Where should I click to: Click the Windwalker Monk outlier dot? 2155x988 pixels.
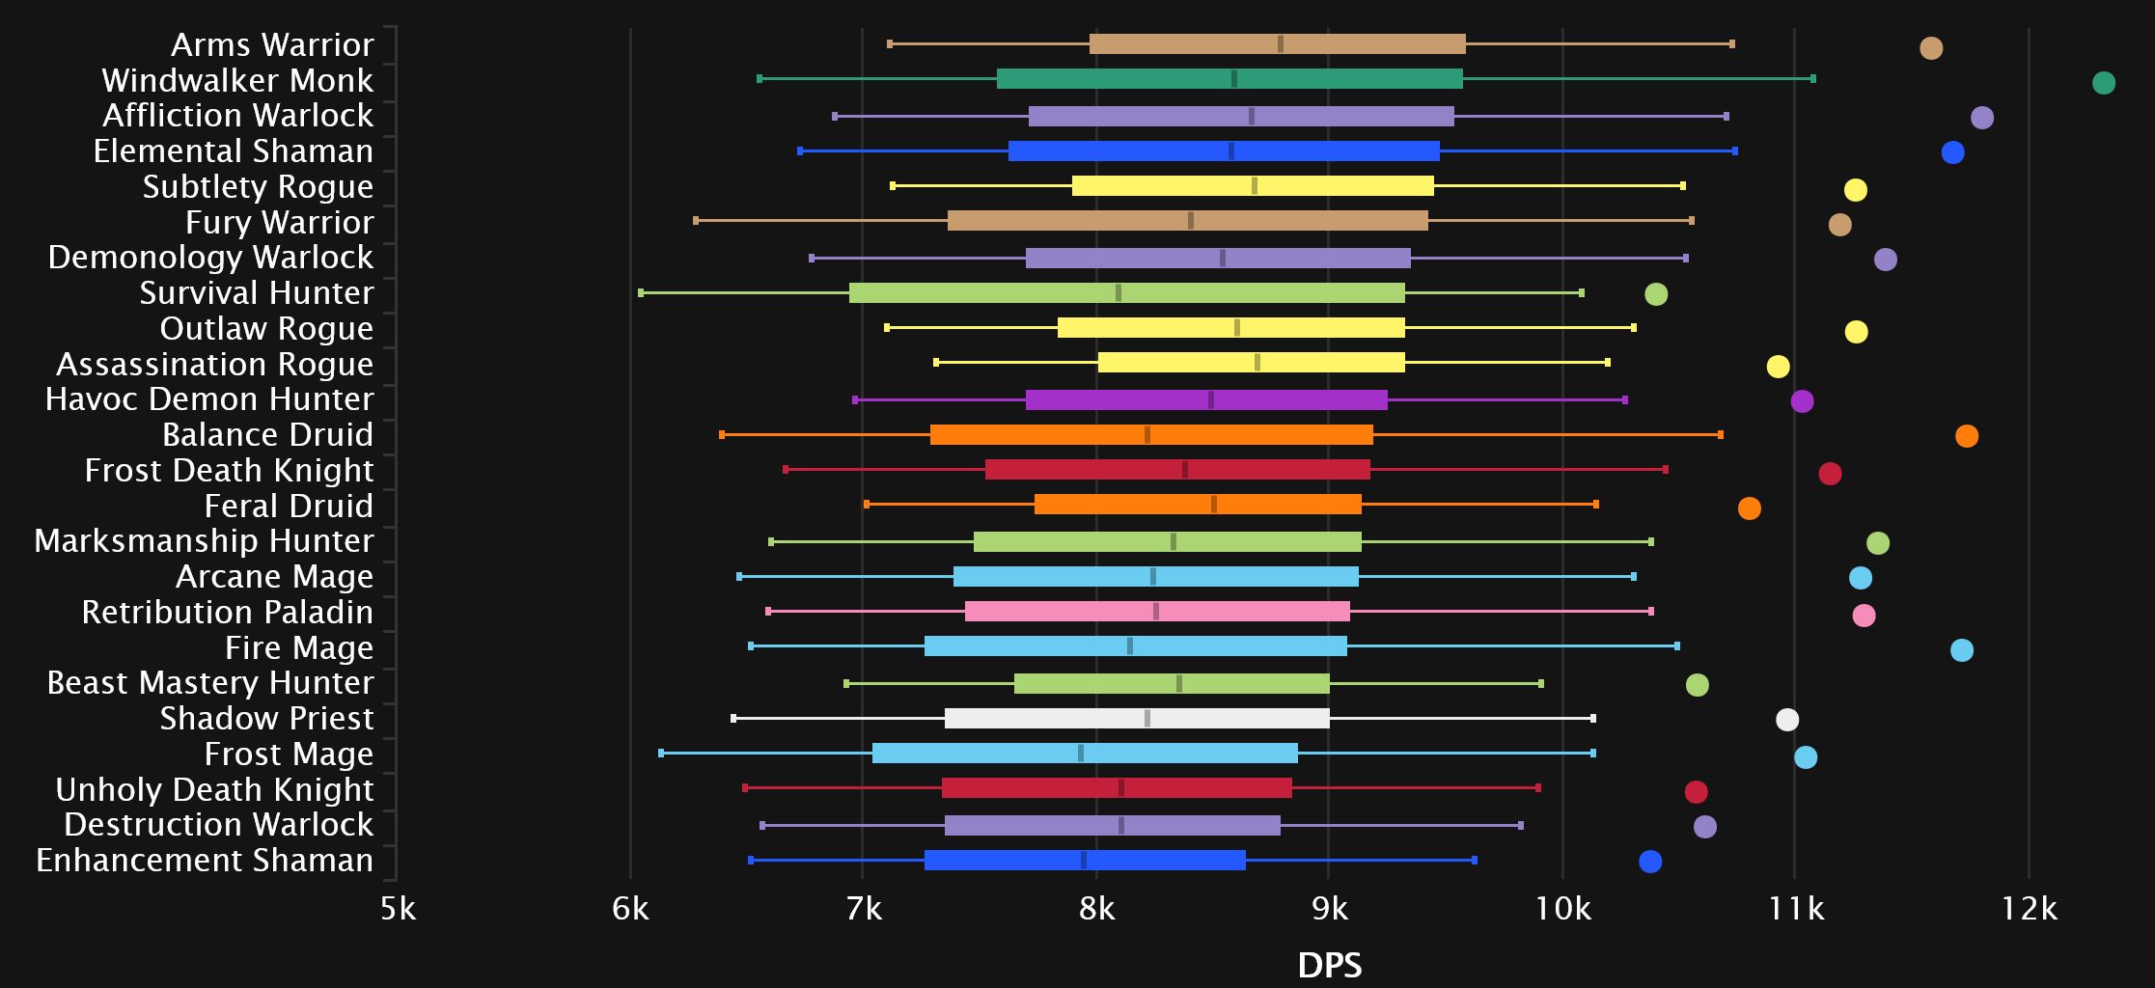(x=2104, y=83)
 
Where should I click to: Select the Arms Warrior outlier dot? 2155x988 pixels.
(x=1931, y=48)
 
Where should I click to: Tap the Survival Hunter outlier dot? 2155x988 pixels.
(x=1656, y=294)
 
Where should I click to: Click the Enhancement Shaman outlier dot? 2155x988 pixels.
(x=1650, y=862)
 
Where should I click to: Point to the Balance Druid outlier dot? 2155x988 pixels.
(x=1967, y=436)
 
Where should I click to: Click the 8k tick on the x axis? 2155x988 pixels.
(x=1096, y=908)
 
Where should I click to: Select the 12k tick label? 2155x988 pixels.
(x=2029, y=908)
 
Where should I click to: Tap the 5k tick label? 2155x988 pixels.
(x=398, y=908)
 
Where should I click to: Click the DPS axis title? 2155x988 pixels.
(x=1330, y=965)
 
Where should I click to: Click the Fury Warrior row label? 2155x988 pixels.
(x=279, y=222)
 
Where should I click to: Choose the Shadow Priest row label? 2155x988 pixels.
(x=266, y=718)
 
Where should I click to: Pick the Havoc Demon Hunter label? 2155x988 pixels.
(x=209, y=398)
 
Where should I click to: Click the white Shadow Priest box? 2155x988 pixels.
(x=1137, y=718)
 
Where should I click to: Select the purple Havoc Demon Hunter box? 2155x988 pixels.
(x=1206, y=399)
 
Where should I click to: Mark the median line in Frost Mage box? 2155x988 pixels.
(x=1081, y=754)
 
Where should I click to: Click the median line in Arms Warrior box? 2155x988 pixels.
(x=1281, y=43)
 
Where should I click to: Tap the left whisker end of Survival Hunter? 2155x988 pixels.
(x=641, y=292)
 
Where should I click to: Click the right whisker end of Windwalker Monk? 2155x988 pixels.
(x=1813, y=78)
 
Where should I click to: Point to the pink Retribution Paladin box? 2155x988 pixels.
(x=1157, y=611)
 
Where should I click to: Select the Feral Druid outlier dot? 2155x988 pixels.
(x=1750, y=508)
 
